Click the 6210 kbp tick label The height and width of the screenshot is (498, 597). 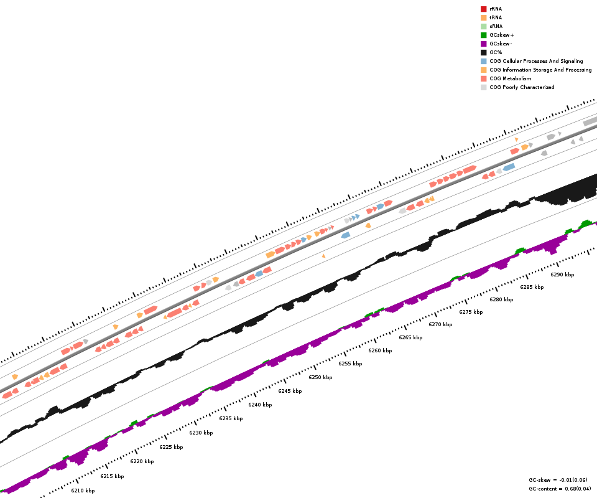(83, 491)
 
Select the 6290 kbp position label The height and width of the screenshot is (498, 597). (562, 275)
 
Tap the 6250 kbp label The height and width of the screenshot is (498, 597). (320, 377)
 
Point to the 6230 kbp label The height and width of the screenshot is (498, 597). (201, 433)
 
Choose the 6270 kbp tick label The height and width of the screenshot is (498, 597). (440, 324)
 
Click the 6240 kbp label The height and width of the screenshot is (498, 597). (260, 405)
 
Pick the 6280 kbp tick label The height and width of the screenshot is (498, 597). (501, 299)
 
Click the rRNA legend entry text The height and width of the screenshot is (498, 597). (496, 9)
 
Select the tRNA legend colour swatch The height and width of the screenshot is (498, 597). (483, 17)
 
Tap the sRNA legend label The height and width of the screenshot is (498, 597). (496, 26)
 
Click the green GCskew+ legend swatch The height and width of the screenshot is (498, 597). (483, 35)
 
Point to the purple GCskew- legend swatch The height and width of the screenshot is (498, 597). (483, 44)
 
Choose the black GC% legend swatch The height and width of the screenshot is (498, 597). (483, 52)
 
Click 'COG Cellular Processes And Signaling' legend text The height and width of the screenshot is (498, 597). (536, 61)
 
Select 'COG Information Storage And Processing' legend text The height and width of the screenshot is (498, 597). (540, 70)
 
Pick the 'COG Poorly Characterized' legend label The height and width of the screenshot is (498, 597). (522, 87)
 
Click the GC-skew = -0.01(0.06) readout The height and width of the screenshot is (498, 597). (558, 480)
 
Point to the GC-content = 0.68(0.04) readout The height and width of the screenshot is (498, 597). (560, 489)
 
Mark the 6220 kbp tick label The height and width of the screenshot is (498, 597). (142, 461)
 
